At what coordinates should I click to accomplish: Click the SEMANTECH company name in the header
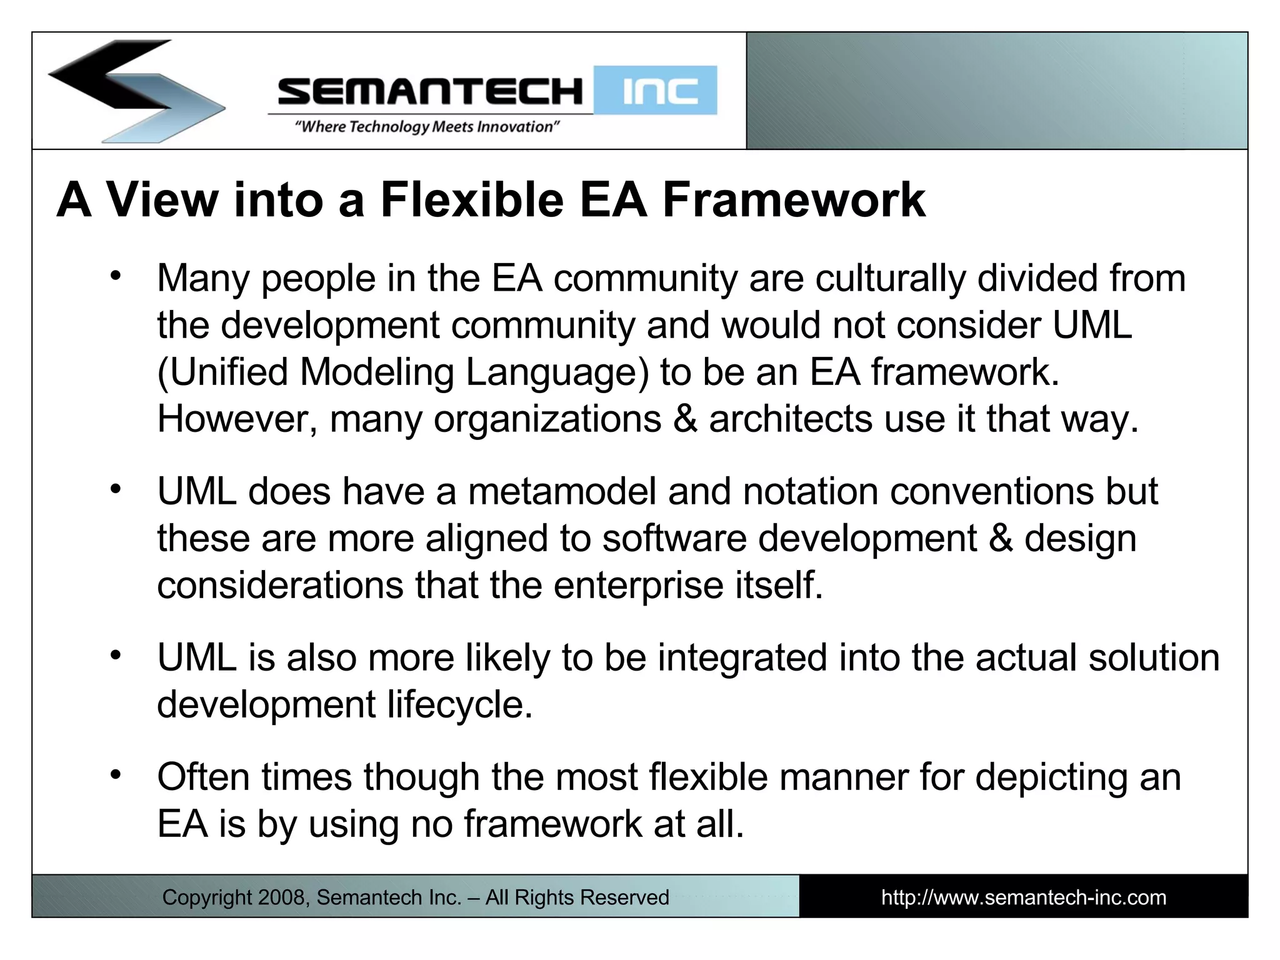pos(430,91)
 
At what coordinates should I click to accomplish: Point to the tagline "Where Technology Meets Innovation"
pos(427,127)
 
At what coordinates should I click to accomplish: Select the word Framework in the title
pos(794,200)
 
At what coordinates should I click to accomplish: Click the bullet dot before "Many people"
pos(115,276)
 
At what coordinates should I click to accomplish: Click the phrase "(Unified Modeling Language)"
pos(403,372)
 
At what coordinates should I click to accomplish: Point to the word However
pos(237,419)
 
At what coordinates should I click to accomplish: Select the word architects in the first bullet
pos(791,419)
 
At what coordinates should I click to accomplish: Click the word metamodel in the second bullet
pos(562,491)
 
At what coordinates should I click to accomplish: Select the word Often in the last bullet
pos(203,777)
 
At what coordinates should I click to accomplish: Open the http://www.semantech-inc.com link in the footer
pos(1023,897)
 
